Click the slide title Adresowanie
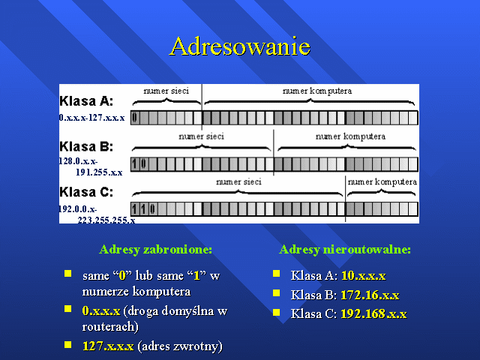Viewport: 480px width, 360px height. coord(240,46)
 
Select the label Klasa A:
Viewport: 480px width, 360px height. coord(86,100)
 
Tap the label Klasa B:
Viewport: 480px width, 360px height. coord(86,146)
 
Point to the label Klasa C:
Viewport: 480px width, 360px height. coord(86,192)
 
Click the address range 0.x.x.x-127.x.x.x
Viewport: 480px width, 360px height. coord(91,118)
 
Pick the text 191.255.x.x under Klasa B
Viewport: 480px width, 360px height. coord(99,172)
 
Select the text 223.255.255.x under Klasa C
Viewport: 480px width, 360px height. coord(106,220)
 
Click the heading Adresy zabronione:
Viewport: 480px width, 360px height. coord(156,250)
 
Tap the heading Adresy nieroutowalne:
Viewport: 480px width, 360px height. coord(345,250)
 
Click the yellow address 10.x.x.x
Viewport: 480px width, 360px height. coord(364,275)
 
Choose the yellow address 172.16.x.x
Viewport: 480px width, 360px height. coord(370,295)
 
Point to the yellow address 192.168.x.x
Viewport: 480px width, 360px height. coord(373,313)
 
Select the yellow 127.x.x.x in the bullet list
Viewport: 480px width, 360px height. coord(108,346)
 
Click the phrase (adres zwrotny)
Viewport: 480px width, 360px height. coord(180,346)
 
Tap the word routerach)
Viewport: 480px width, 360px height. coord(110,327)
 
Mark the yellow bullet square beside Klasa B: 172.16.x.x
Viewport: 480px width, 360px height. coord(277,293)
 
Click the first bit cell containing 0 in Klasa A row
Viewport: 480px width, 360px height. coord(135,118)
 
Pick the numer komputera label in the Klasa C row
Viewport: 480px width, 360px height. coord(382,182)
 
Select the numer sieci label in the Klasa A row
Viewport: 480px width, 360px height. coord(166,91)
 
